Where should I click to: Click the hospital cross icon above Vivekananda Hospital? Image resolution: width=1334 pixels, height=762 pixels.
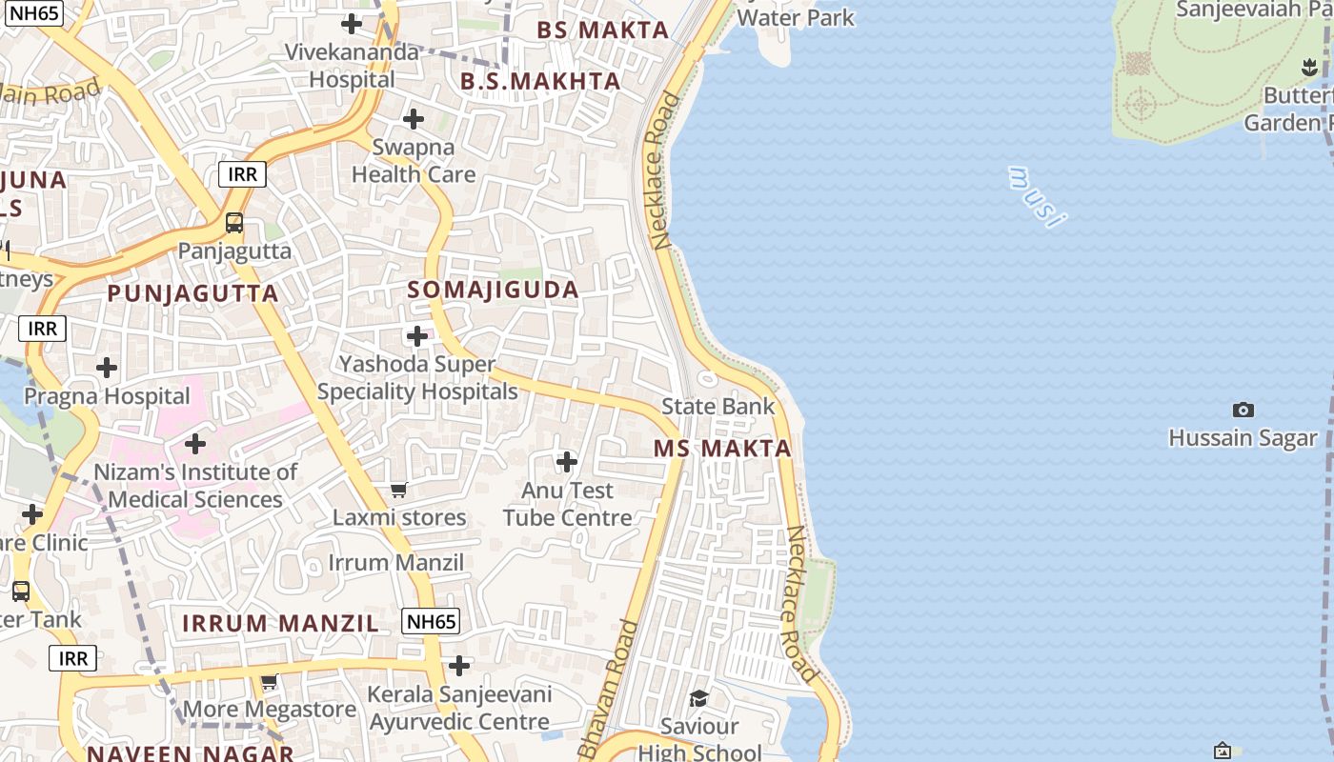(352, 24)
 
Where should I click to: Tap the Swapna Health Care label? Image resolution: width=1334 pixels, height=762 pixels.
(414, 161)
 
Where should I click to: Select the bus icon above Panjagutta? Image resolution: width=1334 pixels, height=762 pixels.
(234, 223)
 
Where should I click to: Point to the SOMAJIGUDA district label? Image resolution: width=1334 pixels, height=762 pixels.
(494, 291)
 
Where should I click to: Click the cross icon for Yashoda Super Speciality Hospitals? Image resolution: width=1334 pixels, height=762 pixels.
(417, 336)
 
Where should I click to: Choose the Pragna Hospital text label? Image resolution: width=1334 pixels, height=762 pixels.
(107, 396)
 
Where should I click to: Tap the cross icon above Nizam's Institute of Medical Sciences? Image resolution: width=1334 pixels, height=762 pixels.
(195, 444)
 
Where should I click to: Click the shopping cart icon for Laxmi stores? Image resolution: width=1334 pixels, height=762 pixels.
(399, 490)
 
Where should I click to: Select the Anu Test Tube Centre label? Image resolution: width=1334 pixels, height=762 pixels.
(567, 504)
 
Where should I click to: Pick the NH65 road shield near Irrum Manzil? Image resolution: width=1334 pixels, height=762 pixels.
(432, 622)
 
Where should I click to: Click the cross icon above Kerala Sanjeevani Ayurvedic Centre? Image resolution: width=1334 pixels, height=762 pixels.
(459, 665)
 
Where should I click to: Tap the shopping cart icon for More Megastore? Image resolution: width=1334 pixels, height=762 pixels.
(270, 682)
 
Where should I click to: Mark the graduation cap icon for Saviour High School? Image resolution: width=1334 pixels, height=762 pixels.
(699, 699)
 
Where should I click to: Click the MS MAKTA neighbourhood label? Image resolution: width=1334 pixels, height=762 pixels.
(722, 449)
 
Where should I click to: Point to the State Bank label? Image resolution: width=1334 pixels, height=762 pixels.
(718, 407)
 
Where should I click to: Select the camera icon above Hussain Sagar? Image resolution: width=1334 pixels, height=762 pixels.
(1243, 410)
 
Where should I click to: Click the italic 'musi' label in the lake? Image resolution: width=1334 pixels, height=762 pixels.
(1037, 197)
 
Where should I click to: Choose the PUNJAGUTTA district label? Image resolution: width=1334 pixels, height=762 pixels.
(192, 293)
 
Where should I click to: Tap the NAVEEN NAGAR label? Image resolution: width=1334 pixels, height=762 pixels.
(191, 753)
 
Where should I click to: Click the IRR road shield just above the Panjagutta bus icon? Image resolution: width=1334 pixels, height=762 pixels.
(242, 174)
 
